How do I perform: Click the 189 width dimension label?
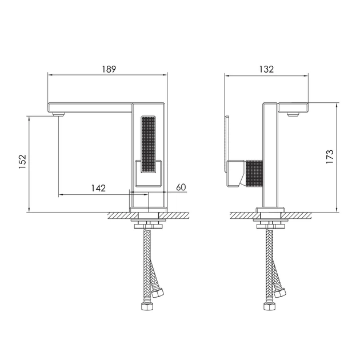[x=109, y=69]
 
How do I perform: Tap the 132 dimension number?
[x=266, y=69]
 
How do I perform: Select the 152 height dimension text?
[x=22, y=162]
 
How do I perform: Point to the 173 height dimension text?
[x=330, y=157]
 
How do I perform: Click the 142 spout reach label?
[x=98, y=188]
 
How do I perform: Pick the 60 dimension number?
[x=181, y=187]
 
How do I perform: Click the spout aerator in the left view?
[x=58, y=114]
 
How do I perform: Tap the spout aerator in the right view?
[x=293, y=114]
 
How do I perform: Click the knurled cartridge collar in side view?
[x=254, y=173]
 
